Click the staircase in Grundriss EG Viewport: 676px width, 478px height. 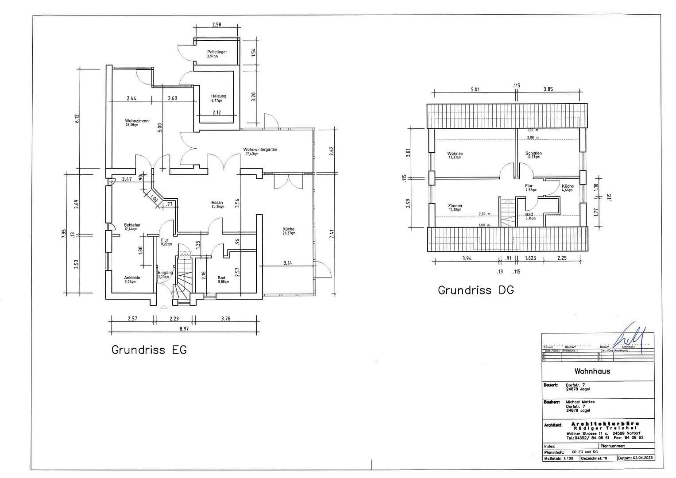click(x=183, y=277)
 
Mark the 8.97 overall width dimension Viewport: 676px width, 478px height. click(x=184, y=328)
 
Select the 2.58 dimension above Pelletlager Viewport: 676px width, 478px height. click(x=216, y=25)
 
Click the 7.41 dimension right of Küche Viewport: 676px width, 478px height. click(x=332, y=234)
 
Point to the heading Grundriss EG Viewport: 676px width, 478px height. click(x=149, y=350)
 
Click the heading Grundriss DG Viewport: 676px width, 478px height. click(x=475, y=290)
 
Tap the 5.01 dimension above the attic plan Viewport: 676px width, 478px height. click(x=475, y=89)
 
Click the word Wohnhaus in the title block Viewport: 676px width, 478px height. click(x=592, y=371)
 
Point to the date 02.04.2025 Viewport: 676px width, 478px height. click(x=642, y=458)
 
